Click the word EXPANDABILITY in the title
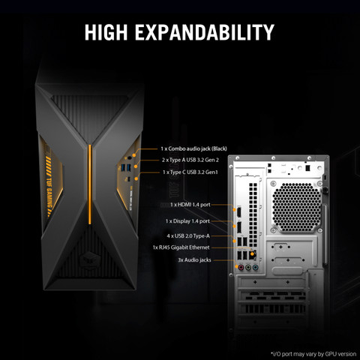pyautogui.click(x=205, y=32)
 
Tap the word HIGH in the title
pyautogui.click(x=106, y=32)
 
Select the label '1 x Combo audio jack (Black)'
pyautogui.click(x=193, y=148)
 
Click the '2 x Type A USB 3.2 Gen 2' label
pyautogui.click(x=190, y=160)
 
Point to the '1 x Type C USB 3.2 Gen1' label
pyautogui.click(x=190, y=172)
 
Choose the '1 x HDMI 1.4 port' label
pyautogui.click(x=190, y=205)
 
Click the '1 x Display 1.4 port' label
pyautogui.click(x=187, y=221)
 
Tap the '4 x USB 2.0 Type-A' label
pyautogui.click(x=188, y=235)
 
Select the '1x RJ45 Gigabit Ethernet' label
pyautogui.click(x=181, y=247)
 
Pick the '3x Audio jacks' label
pyautogui.click(x=194, y=260)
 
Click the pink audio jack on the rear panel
pyautogui.click(x=241, y=268)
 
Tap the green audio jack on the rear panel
pyautogui.click(x=247, y=268)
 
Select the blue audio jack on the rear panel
pyautogui.click(x=255, y=268)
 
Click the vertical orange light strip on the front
pyautogui.click(x=90, y=184)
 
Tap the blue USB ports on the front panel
pyautogui.click(x=126, y=167)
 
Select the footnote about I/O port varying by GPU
pyautogui.click(x=313, y=354)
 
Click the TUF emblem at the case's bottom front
pyautogui.click(x=90, y=259)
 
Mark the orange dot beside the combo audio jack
pyautogui.click(x=134, y=155)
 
